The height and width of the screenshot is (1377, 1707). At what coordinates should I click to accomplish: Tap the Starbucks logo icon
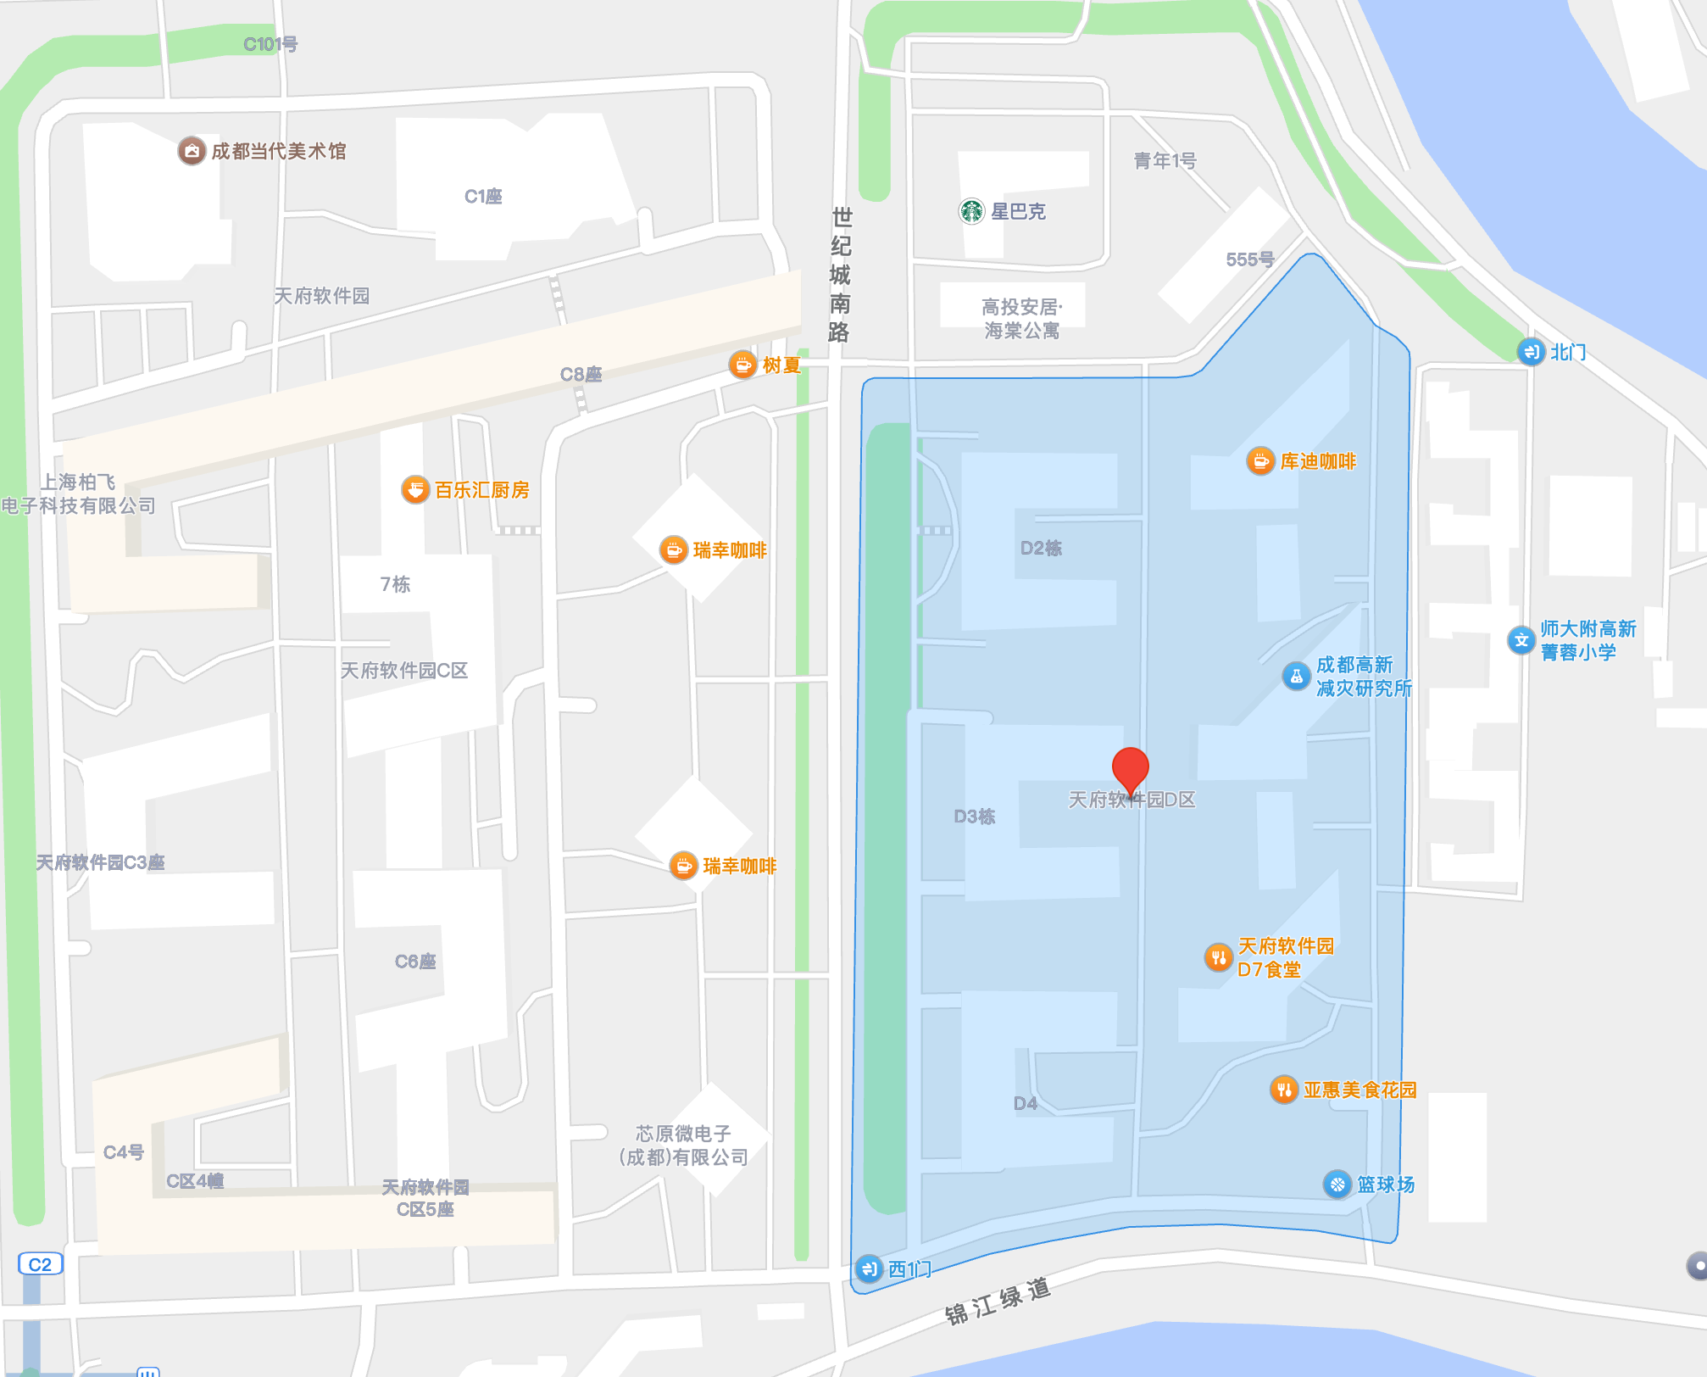[971, 211]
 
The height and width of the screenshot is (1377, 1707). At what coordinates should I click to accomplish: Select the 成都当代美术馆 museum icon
[192, 151]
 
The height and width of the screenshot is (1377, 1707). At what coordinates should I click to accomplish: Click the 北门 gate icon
[1531, 351]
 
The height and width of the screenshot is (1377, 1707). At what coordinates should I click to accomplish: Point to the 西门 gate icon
[869, 1268]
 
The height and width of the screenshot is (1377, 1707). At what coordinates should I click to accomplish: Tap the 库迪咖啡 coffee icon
[1260, 461]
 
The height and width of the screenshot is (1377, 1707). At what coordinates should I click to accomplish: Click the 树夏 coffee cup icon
[742, 365]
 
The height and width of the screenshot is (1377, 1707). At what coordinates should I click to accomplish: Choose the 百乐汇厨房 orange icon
[415, 489]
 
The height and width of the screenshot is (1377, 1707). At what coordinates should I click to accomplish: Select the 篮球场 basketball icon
[1337, 1184]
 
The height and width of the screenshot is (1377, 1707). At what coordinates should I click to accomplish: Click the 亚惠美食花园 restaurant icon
[1283, 1090]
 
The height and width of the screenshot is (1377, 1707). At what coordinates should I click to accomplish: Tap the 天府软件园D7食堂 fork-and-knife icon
[1218, 957]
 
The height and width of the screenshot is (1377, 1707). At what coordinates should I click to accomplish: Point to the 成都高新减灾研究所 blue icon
[1296, 676]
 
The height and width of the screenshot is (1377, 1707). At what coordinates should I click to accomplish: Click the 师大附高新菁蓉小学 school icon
[1521, 640]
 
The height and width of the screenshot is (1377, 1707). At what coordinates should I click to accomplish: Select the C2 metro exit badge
[40, 1264]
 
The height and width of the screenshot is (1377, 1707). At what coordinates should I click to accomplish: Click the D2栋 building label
[1041, 548]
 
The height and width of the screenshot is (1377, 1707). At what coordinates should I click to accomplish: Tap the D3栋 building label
[975, 816]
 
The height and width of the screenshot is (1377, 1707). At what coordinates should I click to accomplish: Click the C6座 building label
[415, 961]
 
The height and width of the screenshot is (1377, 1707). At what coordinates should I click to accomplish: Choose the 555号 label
[1249, 259]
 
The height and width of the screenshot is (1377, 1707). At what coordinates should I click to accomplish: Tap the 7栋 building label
[395, 583]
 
